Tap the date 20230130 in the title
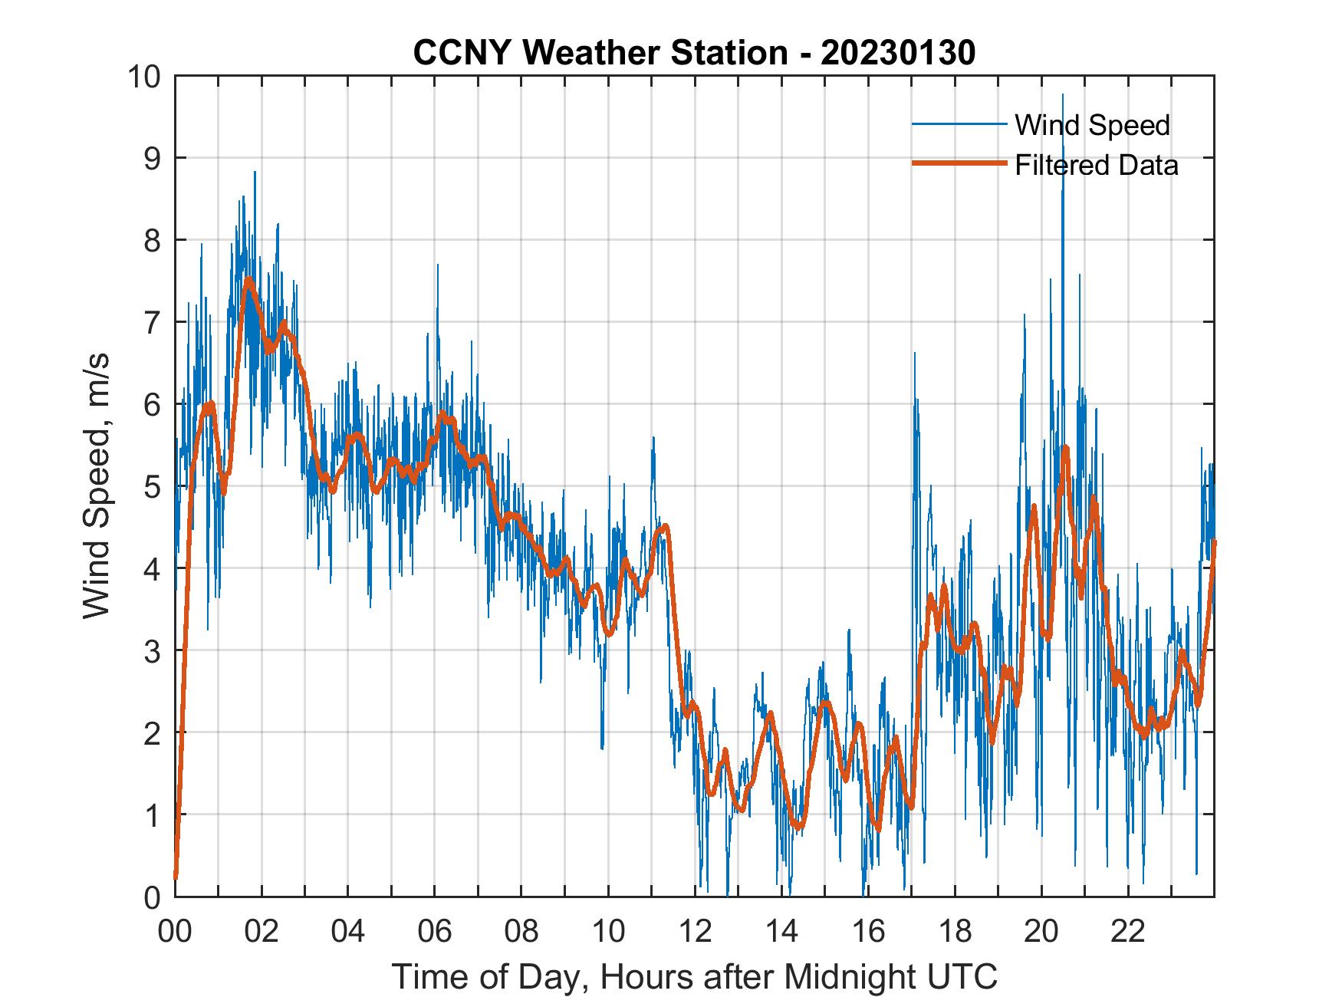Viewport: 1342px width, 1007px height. pos(898,53)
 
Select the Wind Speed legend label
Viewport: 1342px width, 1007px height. pos(1092,125)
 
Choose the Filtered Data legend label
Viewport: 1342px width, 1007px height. pos(1096,165)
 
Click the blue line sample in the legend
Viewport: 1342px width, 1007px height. pos(959,124)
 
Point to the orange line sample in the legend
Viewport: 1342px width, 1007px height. pos(959,164)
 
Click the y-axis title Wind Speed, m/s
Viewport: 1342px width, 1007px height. pos(97,486)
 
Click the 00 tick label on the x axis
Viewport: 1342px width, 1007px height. pos(175,933)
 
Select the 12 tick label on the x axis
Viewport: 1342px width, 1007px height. pos(695,933)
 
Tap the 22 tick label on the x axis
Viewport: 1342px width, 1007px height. pos(1128,933)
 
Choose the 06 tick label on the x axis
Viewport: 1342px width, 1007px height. pos(435,933)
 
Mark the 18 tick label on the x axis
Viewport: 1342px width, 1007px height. pos(955,933)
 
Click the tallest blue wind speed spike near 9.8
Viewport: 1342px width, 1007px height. pos(1062,97)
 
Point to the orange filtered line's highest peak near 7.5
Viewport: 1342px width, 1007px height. pos(248,281)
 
